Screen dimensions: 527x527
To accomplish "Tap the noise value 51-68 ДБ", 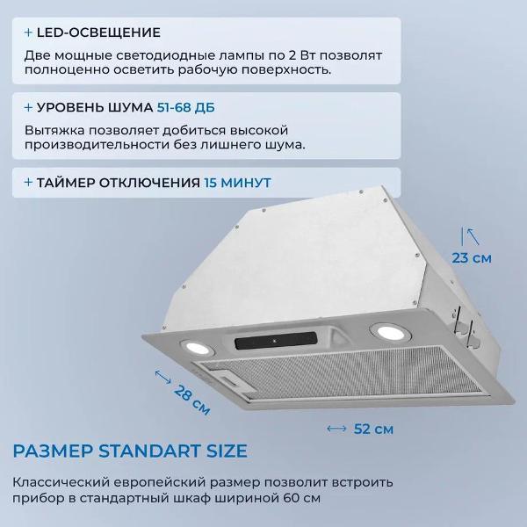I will pyautogui.click(x=184, y=107).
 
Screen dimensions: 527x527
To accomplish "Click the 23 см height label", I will pyautogui.click(x=471, y=257).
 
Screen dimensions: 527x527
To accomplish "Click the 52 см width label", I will pyautogui.click(x=372, y=430).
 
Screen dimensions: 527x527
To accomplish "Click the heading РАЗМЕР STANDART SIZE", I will pyautogui.click(x=130, y=451).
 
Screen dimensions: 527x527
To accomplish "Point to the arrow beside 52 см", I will pyautogui.click(x=336, y=430).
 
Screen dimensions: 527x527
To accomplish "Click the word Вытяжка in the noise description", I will pyautogui.click(x=54, y=128).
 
